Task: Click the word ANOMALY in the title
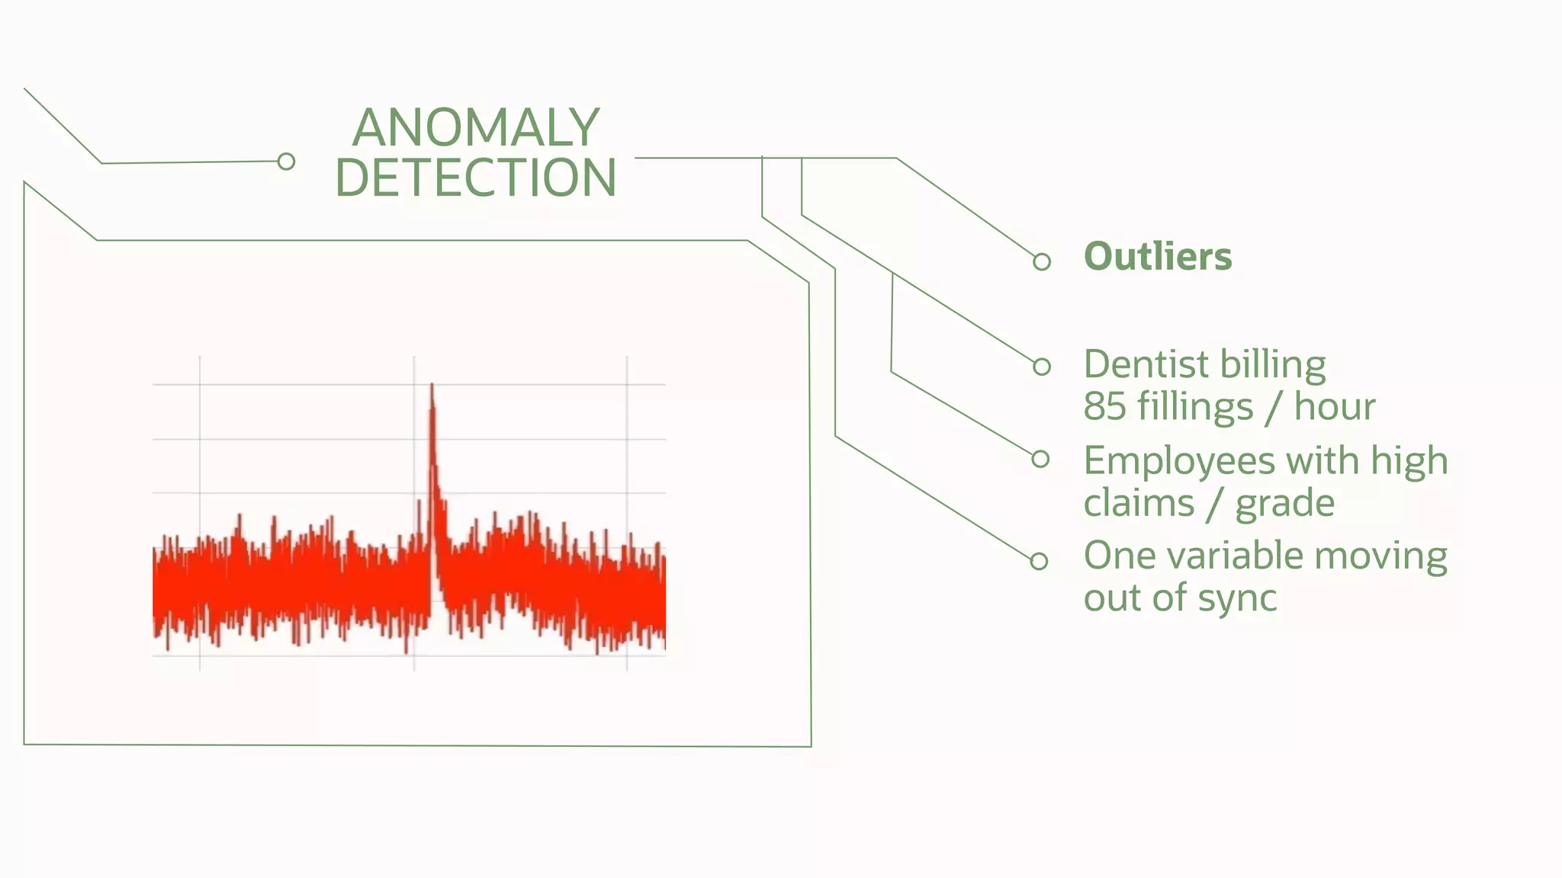click(475, 127)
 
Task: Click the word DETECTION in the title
click(475, 178)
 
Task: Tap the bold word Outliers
click(1157, 257)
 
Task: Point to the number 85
click(1104, 406)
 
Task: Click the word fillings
click(1194, 406)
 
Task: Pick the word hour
click(1334, 406)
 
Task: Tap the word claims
click(1139, 504)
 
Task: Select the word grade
click(1284, 504)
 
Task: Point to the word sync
click(1236, 598)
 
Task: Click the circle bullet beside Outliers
click(1042, 262)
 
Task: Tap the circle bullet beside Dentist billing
click(1042, 367)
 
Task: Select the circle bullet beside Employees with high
click(1040, 459)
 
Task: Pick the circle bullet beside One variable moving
click(1039, 562)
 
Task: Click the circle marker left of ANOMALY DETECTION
click(286, 162)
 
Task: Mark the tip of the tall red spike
click(432, 386)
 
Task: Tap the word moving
click(1380, 556)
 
